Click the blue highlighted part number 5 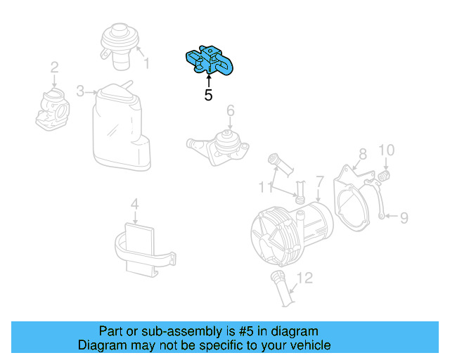(x=210, y=60)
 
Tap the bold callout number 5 (x=208, y=95)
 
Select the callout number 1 (x=146, y=64)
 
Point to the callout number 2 (x=53, y=68)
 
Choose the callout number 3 (x=81, y=91)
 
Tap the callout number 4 (x=135, y=205)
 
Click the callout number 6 (x=229, y=111)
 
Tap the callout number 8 (x=362, y=154)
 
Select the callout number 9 (x=404, y=219)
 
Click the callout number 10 (x=387, y=150)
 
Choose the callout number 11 (x=263, y=187)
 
